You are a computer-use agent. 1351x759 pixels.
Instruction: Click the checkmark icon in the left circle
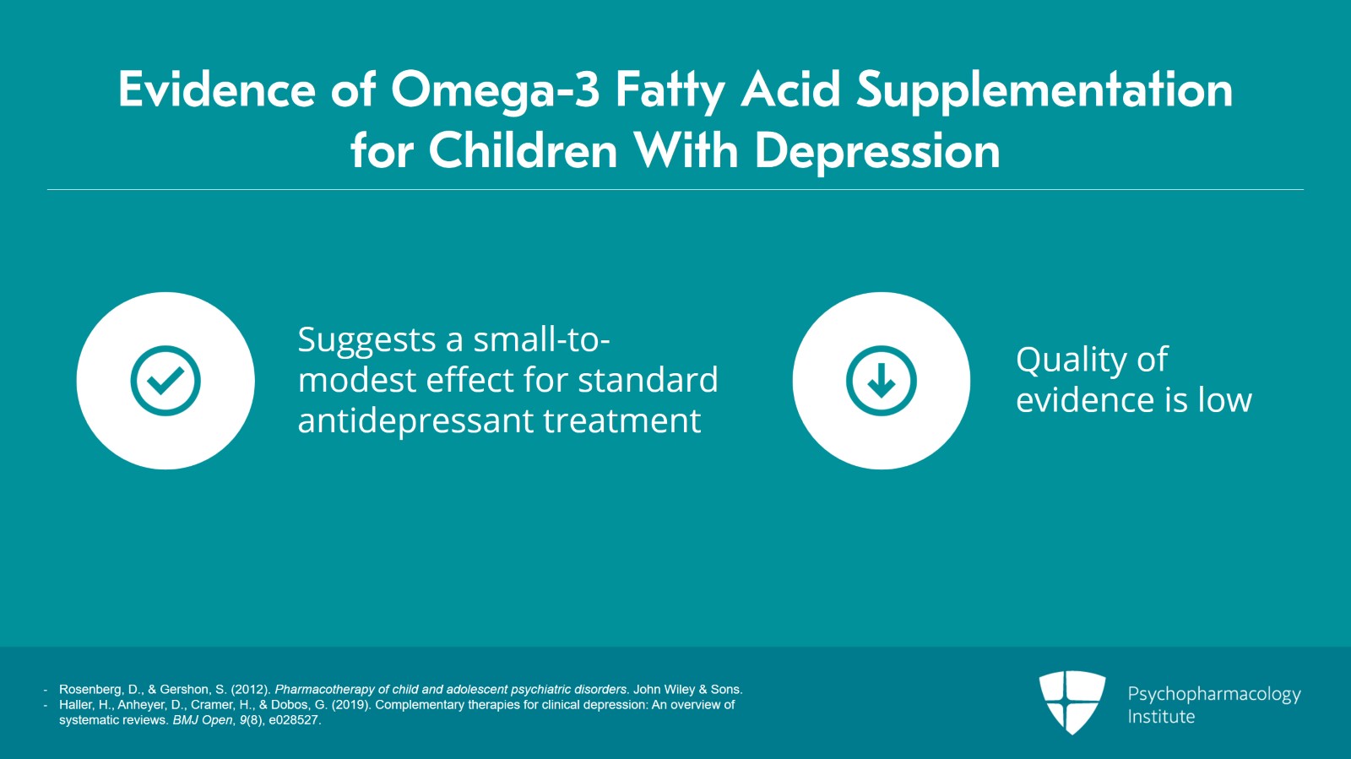pyautogui.click(x=165, y=381)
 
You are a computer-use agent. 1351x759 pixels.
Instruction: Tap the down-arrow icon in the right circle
pyautogui.click(x=882, y=381)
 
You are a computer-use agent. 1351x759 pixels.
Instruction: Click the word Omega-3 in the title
pyautogui.click(x=495, y=90)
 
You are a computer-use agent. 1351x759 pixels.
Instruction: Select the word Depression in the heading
pyautogui.click(x=877, y=152)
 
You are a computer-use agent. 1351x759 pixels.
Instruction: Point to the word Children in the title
pyautogui.click(x=524, y=152)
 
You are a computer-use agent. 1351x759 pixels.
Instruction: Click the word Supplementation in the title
pyautogui.click(x=1044, y=90)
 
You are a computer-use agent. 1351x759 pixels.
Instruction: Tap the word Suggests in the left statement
pyautogui.click(x=367, y=340)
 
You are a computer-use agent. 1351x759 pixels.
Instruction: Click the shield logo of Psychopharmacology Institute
pyautogui.click(x=1072, y=702)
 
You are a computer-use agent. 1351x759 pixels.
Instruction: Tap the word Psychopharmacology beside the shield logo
pyautogui.click(x=1213, y=694)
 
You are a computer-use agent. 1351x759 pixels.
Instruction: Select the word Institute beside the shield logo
pyautogui.click(x=1161, y=717)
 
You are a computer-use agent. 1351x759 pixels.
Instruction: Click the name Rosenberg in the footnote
pyautogui.click(x=90, y=690)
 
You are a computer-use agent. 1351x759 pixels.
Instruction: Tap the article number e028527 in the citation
pyautogui.click(x=295, y=720)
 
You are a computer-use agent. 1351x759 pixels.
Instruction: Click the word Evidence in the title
pyautogui.click(x=216, y=90)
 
